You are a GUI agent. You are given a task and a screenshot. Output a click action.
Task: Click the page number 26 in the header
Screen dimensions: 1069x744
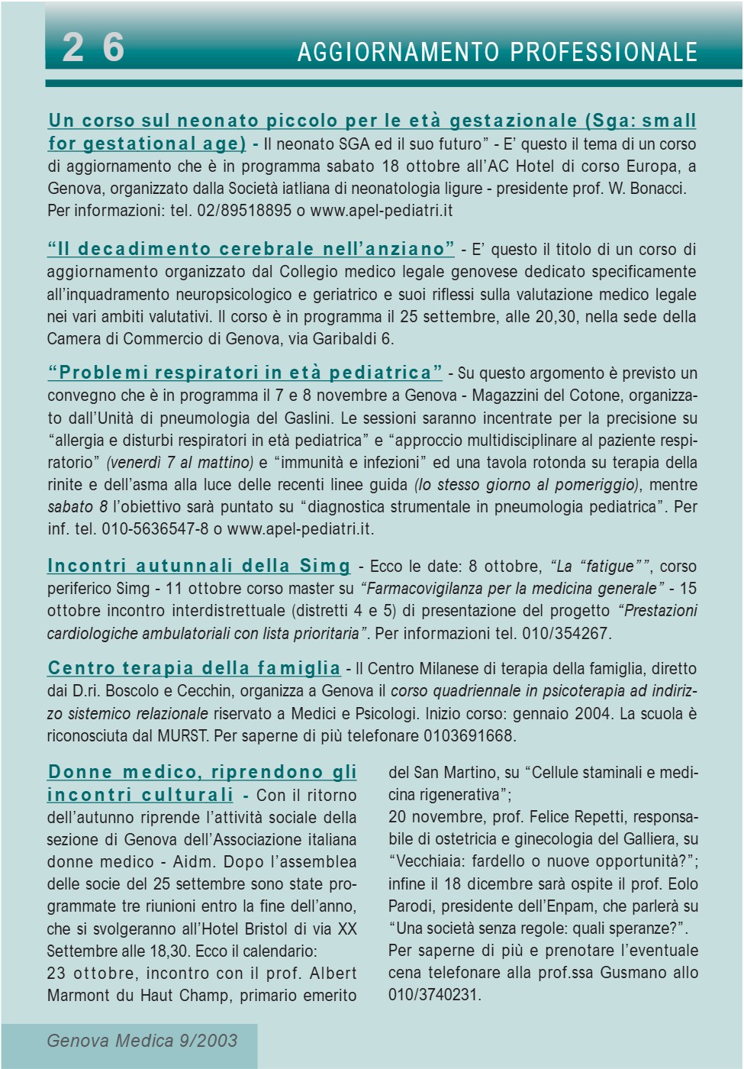(92, 47)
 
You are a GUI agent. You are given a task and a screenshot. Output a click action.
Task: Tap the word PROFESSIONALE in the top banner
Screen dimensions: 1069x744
(604, 52)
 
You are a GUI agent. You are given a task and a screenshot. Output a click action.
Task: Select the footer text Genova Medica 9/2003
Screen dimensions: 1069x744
(142, 1041)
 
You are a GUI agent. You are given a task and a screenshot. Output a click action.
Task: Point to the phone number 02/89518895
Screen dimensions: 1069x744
(244, 211)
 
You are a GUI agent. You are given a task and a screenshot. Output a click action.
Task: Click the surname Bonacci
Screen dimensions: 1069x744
(659, 189)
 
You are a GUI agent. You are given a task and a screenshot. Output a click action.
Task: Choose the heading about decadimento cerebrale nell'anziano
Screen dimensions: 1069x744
(251, 249)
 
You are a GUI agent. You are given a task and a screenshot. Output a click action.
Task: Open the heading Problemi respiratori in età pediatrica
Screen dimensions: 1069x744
(245, 373)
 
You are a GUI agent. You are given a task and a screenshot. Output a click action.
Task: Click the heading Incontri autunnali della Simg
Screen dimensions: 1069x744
(198, 566)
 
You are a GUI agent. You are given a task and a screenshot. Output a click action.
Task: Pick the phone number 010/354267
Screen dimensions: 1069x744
(565, 634)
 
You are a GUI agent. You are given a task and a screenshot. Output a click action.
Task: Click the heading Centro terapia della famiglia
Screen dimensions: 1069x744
(194, 668)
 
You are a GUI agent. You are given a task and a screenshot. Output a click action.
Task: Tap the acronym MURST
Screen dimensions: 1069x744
(183, 736)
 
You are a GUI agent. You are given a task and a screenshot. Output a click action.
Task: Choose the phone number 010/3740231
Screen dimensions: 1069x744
(433, 995)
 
